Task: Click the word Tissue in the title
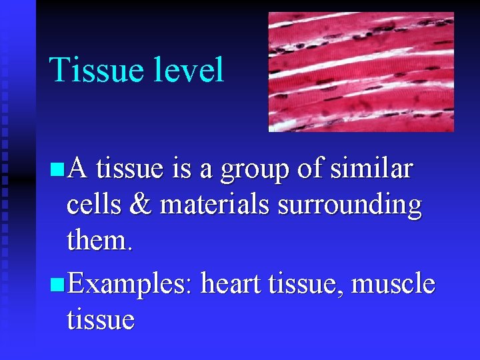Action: tap(99, 70)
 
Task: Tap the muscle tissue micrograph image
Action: tap(361, 71)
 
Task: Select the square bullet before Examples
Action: tap(56, 285)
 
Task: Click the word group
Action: tap(255, 171)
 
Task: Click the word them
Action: tap(100, 241)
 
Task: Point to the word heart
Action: tap(231, 285)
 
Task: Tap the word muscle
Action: tap(393, 285)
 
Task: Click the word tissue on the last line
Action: tap(101, 320)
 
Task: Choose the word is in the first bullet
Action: tap(181, 169)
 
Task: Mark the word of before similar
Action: tap(309, 169)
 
